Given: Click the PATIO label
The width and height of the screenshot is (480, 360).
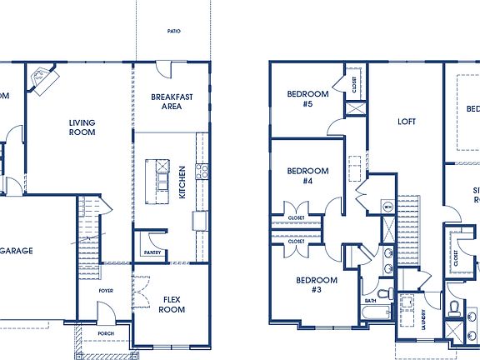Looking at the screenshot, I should click(x=172, y=32).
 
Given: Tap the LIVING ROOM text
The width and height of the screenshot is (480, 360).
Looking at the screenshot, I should click(x=82, y=127).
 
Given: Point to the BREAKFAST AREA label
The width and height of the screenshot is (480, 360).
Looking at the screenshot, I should click(x=172, y=102).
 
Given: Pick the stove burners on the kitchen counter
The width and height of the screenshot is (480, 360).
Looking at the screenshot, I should click(x=202, y=172).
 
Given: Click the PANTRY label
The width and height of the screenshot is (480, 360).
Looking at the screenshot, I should click(x=152, y=252).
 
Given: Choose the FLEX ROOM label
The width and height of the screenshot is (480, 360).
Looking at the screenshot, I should click(x=172, y=304).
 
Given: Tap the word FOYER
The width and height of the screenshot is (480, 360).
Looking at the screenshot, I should click(x=106, y=291).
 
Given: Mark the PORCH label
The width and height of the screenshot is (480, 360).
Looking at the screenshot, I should click(x=106, y=333).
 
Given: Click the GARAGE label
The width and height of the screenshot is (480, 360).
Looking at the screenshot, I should click(x=17, y=250).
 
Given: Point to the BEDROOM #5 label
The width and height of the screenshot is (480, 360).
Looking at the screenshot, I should click(x=307, y=99).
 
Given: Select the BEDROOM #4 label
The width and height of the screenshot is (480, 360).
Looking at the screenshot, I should click(x=307, y=176).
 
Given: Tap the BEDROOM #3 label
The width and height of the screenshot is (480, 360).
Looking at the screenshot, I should click(x=317, y=284).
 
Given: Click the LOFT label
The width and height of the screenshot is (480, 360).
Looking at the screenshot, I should click(x=406, y=121).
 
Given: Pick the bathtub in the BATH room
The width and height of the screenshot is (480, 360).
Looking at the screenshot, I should click(x=376, y=314).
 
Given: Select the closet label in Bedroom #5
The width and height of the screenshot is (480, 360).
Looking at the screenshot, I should click(x=355, y=83).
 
